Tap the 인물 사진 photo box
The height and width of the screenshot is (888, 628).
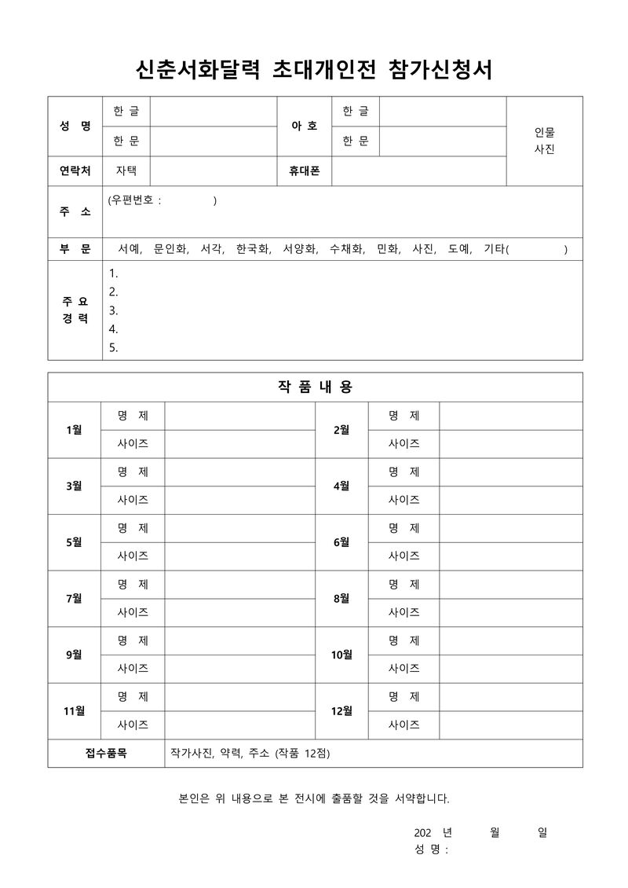coord(544,141)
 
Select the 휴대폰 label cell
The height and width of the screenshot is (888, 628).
coord(305,171)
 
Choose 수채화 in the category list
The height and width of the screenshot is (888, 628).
coord(346,249)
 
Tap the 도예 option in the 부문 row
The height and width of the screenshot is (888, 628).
coord(460,249)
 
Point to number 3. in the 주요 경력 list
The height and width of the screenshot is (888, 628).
coord(114,310)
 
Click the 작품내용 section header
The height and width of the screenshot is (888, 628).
coord(314,387)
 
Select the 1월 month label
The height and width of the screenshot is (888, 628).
coord(75,430)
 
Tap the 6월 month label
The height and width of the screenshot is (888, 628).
coord(341,542)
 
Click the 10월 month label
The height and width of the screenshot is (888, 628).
coord(341,655)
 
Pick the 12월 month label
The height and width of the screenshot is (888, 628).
coord(341,711)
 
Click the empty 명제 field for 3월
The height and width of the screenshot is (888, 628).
coord(239,472)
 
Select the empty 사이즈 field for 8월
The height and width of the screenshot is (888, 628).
coord(510,612)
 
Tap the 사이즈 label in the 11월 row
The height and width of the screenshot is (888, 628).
coord(133,725)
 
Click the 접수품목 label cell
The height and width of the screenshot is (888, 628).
coord(106,753)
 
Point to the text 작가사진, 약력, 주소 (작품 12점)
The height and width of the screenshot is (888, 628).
coord(250,753)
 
